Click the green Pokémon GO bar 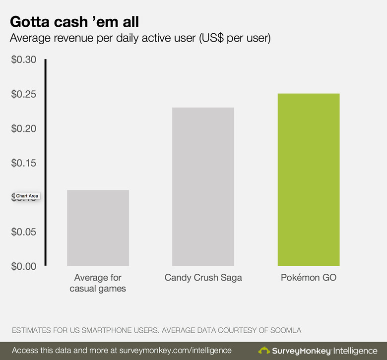click(x=309, y=180)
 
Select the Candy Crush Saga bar click(x=203, y=186)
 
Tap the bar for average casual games click(x=98, y=228)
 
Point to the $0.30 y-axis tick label click(x=24, y=60)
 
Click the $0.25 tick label click(x=24, y=94)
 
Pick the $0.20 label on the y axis click(x=24, y=129)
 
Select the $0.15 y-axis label click(x=24, y=163)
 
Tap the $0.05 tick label click(x=24, y=232)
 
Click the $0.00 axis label click(x=24, y=266)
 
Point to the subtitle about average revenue click(x=140, y=38)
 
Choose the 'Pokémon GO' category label click(x=309, y=278)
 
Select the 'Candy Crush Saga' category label click(x=203, y=278)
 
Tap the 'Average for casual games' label click(x=98, y=283)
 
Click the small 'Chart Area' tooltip click(x=27, y=196)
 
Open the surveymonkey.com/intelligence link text click(x=176, y=350)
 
